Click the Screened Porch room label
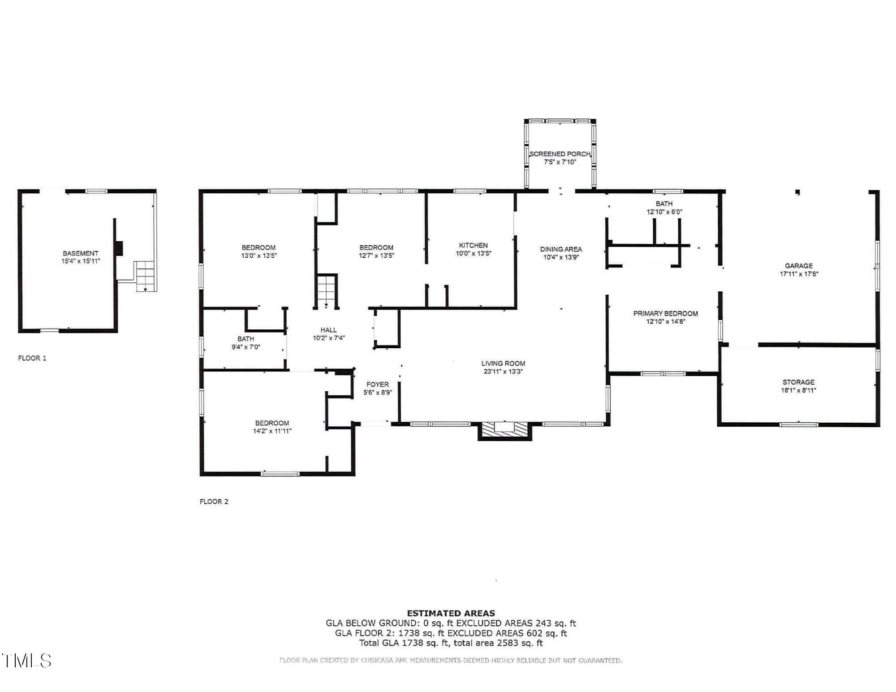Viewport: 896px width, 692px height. click(560, 154)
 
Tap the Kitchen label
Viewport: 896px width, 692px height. click(473, 245)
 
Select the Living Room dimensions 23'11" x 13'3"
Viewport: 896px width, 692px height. click(503, 372)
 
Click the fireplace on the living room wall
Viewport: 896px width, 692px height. click(504, 430)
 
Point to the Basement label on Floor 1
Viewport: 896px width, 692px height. click(81, 253)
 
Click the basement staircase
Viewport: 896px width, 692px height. click(145, 277)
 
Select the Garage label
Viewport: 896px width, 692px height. click(799, 266)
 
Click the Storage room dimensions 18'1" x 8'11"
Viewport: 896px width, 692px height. click(799, 390)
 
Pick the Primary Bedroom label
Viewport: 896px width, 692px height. click(666, 313)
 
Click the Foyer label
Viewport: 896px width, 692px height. click(378, 384)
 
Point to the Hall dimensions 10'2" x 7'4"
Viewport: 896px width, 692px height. click(329, 338)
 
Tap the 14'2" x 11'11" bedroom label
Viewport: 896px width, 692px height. click(272, 427)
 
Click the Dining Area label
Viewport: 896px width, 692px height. click(561, 249)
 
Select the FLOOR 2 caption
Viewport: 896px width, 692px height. click(214, 502)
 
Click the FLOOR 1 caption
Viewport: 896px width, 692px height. click(32, 358)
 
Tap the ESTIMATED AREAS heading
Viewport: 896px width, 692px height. click(451, 613)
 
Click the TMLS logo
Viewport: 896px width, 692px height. click(27, 661)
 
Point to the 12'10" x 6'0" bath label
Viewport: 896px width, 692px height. click(664, 208)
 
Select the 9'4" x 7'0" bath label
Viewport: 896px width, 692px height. click(246, 343)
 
